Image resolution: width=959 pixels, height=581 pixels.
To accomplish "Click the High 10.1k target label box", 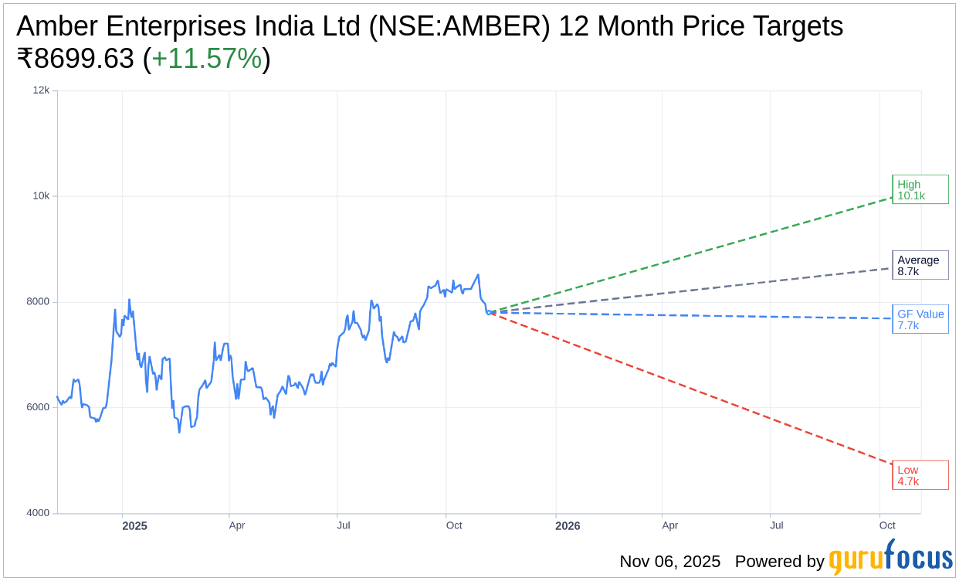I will click(x=920, y=189).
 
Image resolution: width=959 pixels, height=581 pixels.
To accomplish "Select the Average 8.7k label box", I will click(x=920, y=265).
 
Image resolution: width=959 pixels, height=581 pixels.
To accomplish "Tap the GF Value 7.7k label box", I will click(x=920, y=319).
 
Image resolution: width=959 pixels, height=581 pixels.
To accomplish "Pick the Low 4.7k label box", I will click(x=920, y=475).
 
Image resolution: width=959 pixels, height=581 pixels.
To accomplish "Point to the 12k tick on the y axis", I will click(x=41, y=90).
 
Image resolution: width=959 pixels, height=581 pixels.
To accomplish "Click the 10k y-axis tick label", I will click(x=41, y=196).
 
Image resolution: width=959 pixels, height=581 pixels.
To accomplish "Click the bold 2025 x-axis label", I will click(x=134, y=526).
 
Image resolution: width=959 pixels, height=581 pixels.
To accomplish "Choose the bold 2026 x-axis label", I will click(x=568, y=526).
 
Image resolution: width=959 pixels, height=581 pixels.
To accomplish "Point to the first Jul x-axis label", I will click(x=344, y=525).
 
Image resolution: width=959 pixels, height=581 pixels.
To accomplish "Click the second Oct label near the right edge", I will click(x=887, y=525).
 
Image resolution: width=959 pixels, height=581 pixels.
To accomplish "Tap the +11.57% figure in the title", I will click(x=207, y=59).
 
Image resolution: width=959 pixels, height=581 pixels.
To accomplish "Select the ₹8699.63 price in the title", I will click(x=75, y=59).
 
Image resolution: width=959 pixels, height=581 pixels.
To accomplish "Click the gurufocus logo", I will click(x=890, y=558).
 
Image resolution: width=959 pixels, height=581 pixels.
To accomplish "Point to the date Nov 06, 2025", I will click(x=669, y=562).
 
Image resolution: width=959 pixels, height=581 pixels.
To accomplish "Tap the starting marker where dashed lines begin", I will click(x=489, y=312).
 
